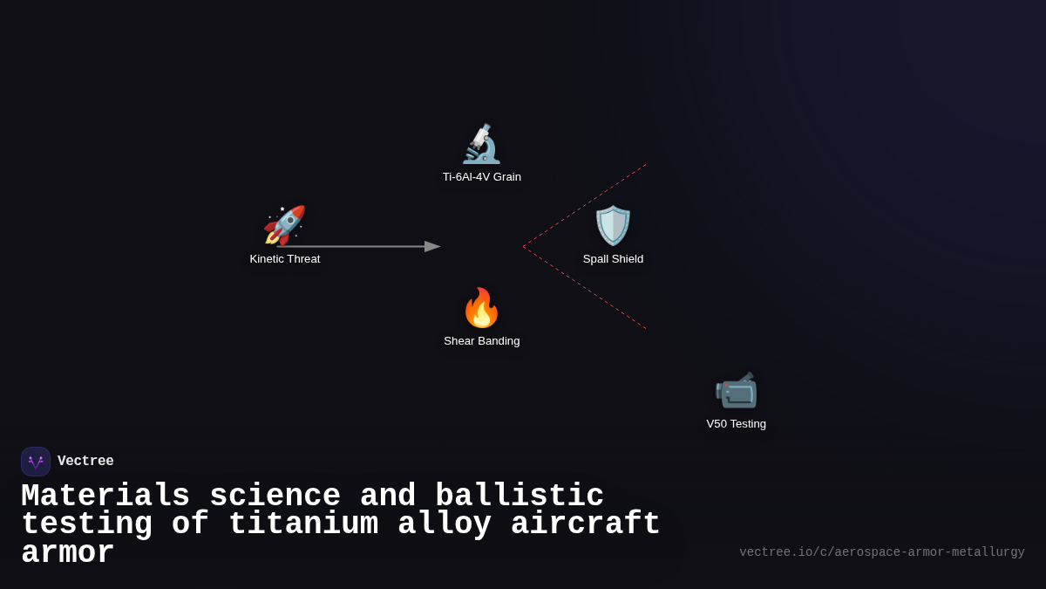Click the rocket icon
point(284,226)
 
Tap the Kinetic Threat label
point(285,259)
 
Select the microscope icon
point(481,144)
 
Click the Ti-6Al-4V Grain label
point(481,177)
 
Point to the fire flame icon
point(481,308)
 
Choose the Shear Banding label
point(481,341)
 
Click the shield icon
point(613,226)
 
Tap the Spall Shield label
point(613,259)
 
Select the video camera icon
point(736,390)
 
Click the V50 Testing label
point(736,424)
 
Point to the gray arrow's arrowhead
point(432,247)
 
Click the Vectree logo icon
point(36,462)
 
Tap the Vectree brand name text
point(85,462)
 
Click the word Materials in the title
point(105,497)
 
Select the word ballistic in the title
point(520,497)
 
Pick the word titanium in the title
point(303,524)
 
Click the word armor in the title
point(68,553)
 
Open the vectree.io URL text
point(881,552)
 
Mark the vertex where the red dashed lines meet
point(523,247)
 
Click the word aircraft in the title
point(586,524)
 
